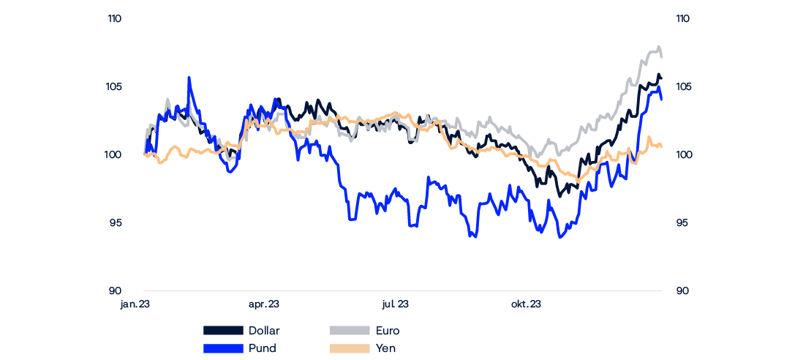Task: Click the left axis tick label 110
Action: tap(114, 20)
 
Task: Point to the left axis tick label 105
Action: tap(114, 87)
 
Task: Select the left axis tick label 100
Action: tap(114, 155)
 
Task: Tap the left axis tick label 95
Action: tap(115, 223)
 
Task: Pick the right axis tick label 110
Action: tap(682, 20)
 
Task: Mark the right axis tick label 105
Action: tap(682, 87)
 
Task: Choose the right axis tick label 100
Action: tap(682, 155)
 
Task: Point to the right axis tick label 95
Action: tap(682, 223)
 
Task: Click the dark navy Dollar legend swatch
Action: tap(222, 331)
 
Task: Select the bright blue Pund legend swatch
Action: tap(222, 348)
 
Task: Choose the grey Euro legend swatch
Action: tap(350, 331)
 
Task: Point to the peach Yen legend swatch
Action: tap(350, 348)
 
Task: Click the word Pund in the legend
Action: tap(263, 348)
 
